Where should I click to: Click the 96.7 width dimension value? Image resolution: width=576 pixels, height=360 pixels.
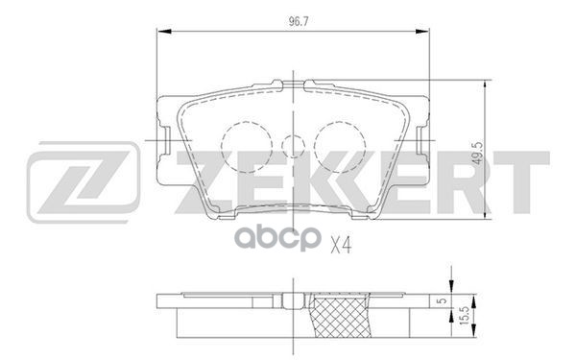[298, 22]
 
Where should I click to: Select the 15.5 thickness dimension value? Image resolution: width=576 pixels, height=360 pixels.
[465, 315]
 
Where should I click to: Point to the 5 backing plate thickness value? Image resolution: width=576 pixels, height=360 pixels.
[444, 300]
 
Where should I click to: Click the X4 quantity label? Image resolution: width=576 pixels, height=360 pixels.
[341, 245]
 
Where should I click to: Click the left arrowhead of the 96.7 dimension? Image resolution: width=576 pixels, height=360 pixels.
[164, 32]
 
